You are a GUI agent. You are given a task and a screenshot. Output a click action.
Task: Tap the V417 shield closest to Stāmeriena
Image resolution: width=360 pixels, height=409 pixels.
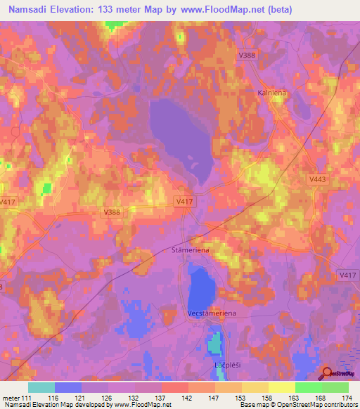pos(184,202)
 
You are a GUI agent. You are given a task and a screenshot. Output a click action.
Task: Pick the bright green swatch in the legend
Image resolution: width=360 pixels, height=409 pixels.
pos(308,387)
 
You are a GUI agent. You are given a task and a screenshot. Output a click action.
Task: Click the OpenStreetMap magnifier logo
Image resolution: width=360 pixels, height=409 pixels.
pos(327,372)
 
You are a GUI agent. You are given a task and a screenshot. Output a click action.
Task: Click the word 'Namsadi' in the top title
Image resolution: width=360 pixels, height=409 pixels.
pos(30,10)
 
